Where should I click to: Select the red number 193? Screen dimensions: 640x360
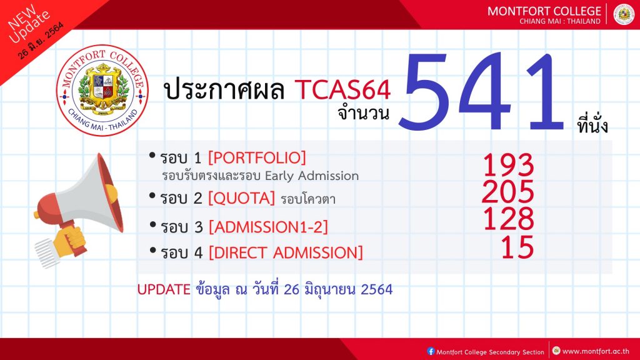[509, 164]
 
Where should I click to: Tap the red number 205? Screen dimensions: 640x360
[508, 191]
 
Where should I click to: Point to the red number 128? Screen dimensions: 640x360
[509, 218]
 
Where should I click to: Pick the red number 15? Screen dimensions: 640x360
[517, 247]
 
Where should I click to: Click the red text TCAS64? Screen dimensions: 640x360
[343, 89]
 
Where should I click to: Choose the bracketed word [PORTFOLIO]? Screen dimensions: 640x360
[257, 157]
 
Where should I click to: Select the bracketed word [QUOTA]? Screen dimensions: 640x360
[242, 198]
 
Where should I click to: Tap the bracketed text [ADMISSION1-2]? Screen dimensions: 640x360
[269, 227]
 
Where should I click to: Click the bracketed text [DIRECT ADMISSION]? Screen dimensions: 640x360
[286, 252]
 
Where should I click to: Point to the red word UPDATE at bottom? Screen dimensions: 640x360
[164, 289]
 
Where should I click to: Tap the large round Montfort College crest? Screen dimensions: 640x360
[102, 90]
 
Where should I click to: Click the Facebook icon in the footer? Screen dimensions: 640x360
[431, 351]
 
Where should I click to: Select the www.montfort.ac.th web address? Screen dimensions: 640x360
[596, 351]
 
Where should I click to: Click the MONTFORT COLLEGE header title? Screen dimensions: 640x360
[544, 11]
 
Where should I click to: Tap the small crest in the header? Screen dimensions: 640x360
[624, 14]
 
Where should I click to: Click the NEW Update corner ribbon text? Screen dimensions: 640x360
[29, 25]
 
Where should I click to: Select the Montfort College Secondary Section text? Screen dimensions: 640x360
[490, 352]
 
